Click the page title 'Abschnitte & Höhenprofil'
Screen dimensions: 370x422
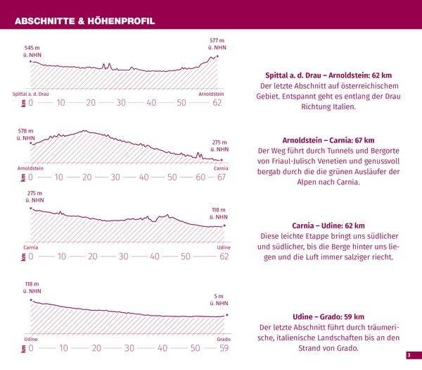(x=84, y=21)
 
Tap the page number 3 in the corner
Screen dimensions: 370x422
(x=408, y=355)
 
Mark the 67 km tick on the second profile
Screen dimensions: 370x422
(x=222, y=177)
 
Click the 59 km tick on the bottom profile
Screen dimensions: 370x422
(x=224, y=348)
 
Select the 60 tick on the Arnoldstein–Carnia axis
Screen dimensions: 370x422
(x=200, y=177)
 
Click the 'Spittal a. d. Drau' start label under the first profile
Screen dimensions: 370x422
(x=31, y=94)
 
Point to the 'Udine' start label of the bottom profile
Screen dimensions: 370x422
(x=30, y=339)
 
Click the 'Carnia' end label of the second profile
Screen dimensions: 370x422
(x=221, y=168)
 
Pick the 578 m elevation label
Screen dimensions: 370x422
(x=26, y=135)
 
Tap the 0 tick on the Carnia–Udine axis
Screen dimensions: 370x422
(x=30, y=257)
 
